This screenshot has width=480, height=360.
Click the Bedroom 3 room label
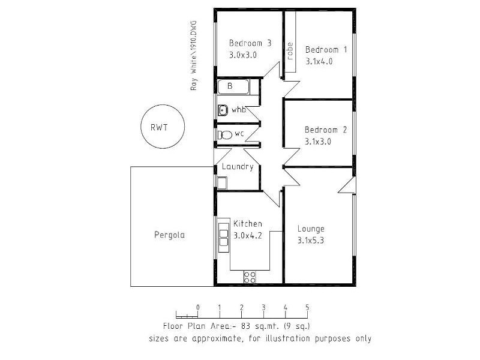[x=250, y=43]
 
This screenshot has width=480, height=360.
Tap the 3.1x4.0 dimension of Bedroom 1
[x=319, y=62]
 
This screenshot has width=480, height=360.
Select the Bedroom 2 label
[x=326, y=130]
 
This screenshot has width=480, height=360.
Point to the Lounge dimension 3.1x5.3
[x=311, y=241]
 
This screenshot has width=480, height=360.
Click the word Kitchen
[x=248, y=224]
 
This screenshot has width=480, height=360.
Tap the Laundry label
[x=238, y=167]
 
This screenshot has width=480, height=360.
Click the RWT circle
[x=163, y=127]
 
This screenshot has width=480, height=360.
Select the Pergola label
[x=169, y=235]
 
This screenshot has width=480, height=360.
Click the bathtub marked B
[x=234, y=86]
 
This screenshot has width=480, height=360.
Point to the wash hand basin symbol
[x=223, y=110]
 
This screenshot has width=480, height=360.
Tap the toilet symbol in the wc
[x=225, y=135]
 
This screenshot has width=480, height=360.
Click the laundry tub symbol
[x=222, y=183]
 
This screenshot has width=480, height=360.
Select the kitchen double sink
[x=224, y=238]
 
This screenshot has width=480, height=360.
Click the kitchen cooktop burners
[x=250, y=277]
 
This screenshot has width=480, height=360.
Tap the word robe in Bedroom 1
[x=290, y=51]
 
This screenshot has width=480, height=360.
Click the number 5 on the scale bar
[x=307, y=307]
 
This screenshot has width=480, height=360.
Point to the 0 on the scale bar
[x=198, y=307]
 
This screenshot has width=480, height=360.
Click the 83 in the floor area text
[x=246, y=326]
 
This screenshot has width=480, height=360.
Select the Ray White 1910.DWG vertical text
[x=193, y=55]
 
